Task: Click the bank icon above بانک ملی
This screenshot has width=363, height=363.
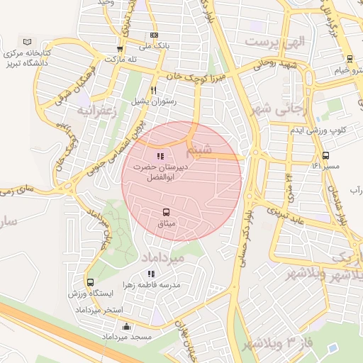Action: coord(154,35)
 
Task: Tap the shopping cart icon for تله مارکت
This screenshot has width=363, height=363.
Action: coord(120,49)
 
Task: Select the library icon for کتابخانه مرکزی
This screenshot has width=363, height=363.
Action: coord(28,43)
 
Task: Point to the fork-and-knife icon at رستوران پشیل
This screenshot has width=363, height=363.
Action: coord(154,90)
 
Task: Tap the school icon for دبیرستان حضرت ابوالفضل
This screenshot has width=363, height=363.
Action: coord(161,155)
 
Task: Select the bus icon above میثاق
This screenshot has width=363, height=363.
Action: coord(167,212)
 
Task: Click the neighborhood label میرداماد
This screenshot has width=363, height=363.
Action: coord(162,257)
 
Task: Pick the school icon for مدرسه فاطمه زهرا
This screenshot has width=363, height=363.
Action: coord(150,273)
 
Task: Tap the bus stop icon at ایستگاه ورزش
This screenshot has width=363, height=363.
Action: coord(90,282)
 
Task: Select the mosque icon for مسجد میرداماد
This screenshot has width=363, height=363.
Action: coord(127,326)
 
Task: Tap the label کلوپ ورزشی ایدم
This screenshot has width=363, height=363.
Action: coord(318,130)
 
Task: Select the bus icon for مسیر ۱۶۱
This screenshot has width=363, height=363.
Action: coord(325,155)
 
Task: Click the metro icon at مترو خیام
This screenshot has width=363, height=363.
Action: coord(349,59)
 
